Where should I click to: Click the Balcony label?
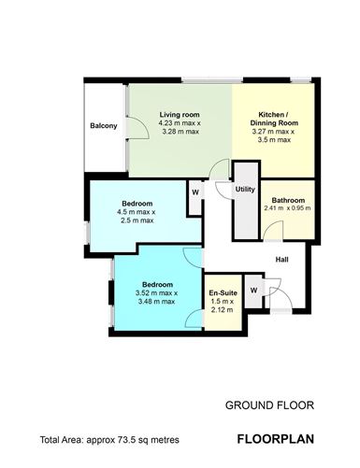[x=104, y=127]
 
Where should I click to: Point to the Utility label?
[x=245, y=190]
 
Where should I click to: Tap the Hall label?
[x=281, y=261]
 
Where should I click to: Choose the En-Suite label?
[x=222, y=291]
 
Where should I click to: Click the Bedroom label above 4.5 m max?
[x=137, y=203]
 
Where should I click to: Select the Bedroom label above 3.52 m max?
[x=157, y=284]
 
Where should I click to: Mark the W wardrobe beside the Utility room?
[x=194, y=193]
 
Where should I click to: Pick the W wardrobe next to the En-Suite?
[x=253, y=290]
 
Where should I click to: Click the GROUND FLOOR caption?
[x=269, y=406]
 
